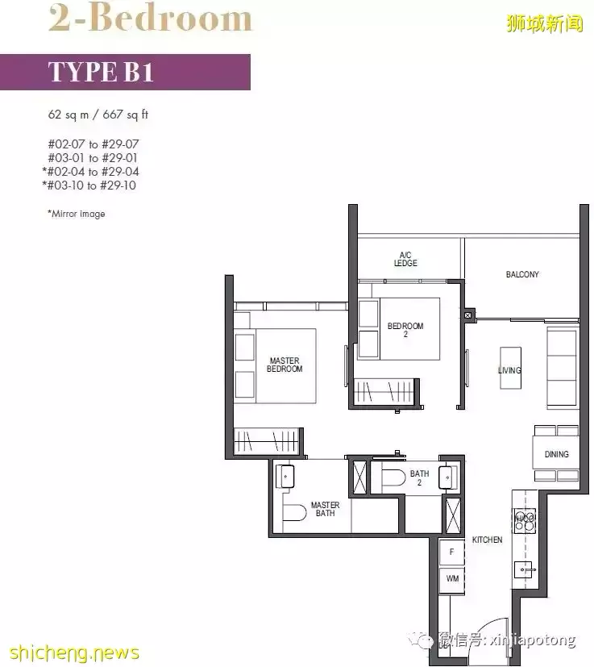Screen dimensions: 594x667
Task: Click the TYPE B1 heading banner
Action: pyautogui.click(x=125, y=72)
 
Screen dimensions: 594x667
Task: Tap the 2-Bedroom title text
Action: pyautogui.click(x=150, y=18)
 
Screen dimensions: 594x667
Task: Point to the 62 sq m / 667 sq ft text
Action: pyautogui.click(x=98, y=115)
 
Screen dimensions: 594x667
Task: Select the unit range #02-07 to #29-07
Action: pyautogui.click(x=93, y=144)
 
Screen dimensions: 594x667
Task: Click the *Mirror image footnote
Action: pyautogui.click(x=76, y=214)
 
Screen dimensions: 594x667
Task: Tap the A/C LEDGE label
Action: pyautogui.click(x=405, y=259)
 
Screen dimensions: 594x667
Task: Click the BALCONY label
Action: pyautogui.click(x=522, y=274)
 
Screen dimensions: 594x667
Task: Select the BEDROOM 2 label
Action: pyautogui.click(x=405, y=330)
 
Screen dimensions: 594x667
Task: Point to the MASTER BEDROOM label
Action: pyautogui.click(x=285, y=365)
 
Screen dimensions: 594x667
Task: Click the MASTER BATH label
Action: pyautogui.click(x=326, y=509)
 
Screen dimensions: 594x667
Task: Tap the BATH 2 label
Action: pyautogui.click(x=419, y=477)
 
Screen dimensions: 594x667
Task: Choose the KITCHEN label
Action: pyautogui.click(x=488, y=540)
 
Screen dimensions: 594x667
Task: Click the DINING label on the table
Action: pyautogui.click(x=557, y=454)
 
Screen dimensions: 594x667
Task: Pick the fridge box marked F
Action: pyautogui.click(x=451, y=552)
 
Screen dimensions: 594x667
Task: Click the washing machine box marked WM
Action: pyautogui.click(x=452, y=579)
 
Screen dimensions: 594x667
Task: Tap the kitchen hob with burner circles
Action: pyautogui.click(x=525, y=521)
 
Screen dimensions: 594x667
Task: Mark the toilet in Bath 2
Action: pyautogui.click(x=393, y=477)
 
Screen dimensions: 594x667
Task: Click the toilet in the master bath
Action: pyautogui.click(x=294, y=513)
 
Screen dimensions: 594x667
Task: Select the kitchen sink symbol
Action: pyautogui.click(x=524, y=569)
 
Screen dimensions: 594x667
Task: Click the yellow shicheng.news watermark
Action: pyautogui.click(x=74, y=653)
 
